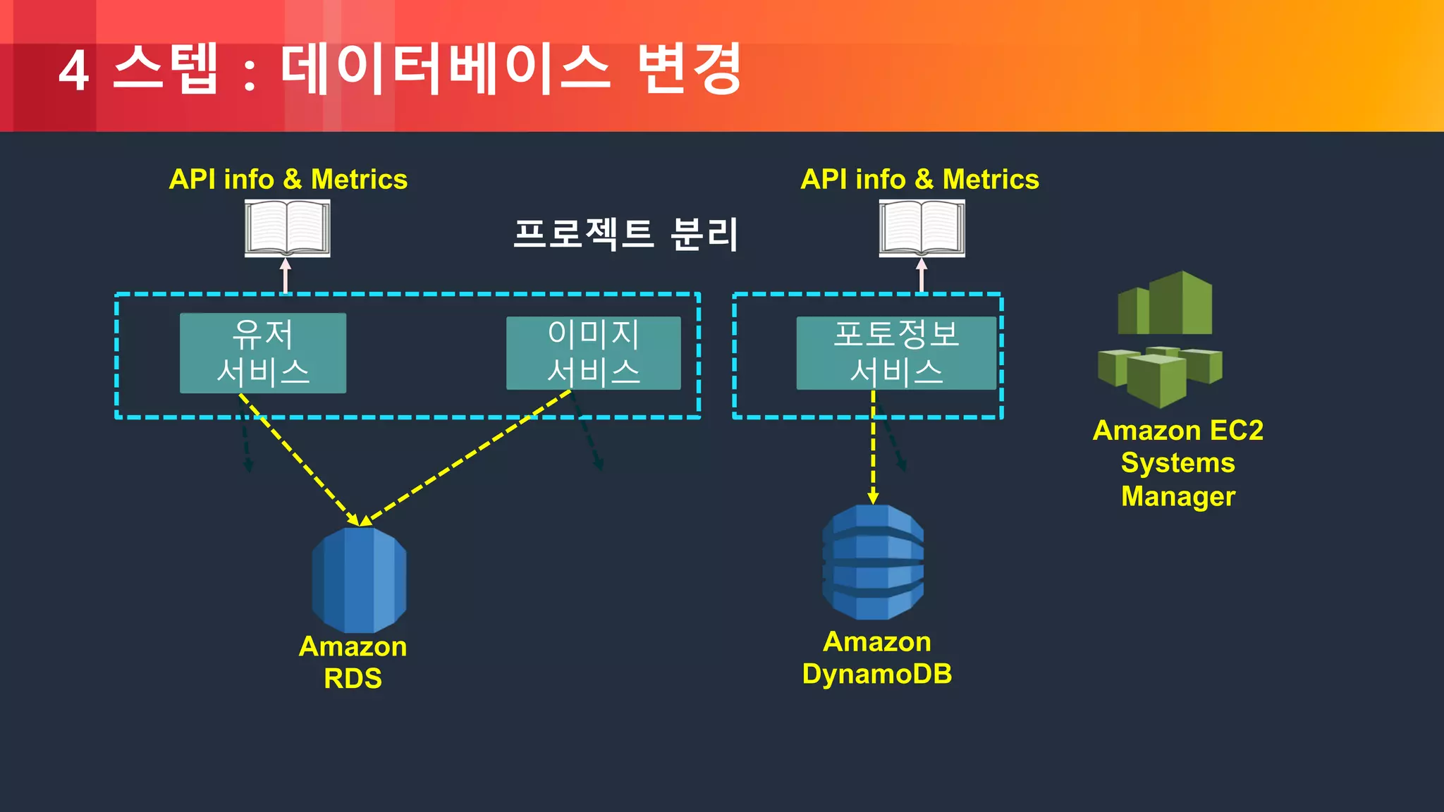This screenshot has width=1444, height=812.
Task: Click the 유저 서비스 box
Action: click(x=262, y=353)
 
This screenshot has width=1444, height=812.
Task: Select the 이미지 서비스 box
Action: click(x=593, y=353)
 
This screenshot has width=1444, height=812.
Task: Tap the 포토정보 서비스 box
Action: click(x=896, y=353)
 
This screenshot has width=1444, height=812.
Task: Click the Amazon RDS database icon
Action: click(x=359, y=579)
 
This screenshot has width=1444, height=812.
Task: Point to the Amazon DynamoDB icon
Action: click(x=873, y=562)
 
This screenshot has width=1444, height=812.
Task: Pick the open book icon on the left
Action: click(x=287, y=228)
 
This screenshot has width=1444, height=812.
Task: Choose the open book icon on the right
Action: click(x=922, y=228)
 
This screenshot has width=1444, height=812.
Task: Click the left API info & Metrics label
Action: click(x=288, y=179)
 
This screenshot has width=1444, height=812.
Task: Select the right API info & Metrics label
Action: click(x=919, y=179)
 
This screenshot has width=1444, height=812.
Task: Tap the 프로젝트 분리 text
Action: click(x=625, y=234)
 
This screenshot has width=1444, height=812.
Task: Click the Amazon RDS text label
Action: click(x=353, y=662)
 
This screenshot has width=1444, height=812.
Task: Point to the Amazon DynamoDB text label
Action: click(x=877, y=658)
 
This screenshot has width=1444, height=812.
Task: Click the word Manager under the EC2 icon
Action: click(x=1177, y=496)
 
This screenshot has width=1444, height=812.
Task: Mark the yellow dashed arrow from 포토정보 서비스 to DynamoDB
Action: click(x=873, y=451)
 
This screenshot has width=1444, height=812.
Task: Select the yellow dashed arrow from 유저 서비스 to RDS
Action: click(x=300, y=460)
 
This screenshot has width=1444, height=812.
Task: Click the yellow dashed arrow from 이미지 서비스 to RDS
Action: click(x=469, y=458)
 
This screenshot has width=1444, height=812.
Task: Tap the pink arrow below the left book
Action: click(x=286, y=276)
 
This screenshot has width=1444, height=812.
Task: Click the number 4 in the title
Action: click(x=73, y=71)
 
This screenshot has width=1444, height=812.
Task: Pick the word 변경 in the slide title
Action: click(x=689, y=68)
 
